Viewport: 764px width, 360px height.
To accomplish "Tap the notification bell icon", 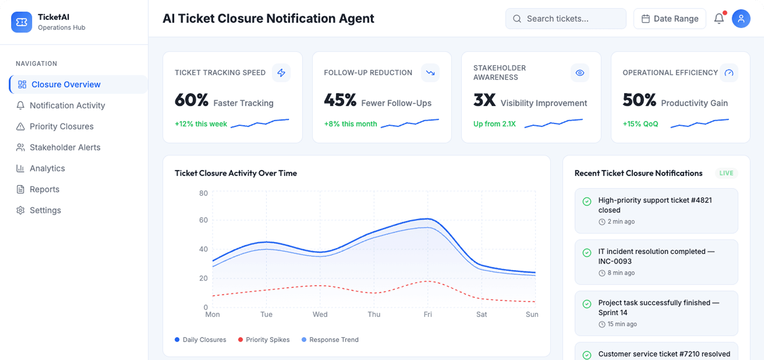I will click(719, 18).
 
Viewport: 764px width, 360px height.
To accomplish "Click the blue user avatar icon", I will click(741, 18).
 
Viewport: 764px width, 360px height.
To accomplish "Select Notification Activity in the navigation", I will click(67, 106).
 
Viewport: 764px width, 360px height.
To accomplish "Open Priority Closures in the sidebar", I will click(61, 127).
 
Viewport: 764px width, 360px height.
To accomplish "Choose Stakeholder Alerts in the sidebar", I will click(64, 148).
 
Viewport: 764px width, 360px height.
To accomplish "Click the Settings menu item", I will click(45, 210).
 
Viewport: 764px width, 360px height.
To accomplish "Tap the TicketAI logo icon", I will click(21, 22).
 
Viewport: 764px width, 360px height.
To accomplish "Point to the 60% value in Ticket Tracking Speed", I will click(191, 100).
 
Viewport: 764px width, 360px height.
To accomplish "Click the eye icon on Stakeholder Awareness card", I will click(580, 73).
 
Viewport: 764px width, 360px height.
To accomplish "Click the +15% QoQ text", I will click(640, 124).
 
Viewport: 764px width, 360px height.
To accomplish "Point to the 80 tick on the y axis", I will click(203, 193).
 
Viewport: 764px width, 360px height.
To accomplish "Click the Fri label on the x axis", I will click(428, 314).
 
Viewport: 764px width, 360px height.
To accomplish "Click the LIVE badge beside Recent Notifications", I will click(726, 173).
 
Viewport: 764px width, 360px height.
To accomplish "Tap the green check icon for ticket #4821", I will click(587, 201).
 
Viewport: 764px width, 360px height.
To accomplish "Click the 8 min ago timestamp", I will click(621, 273).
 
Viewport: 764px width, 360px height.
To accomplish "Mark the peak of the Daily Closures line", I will click(428, 219).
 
